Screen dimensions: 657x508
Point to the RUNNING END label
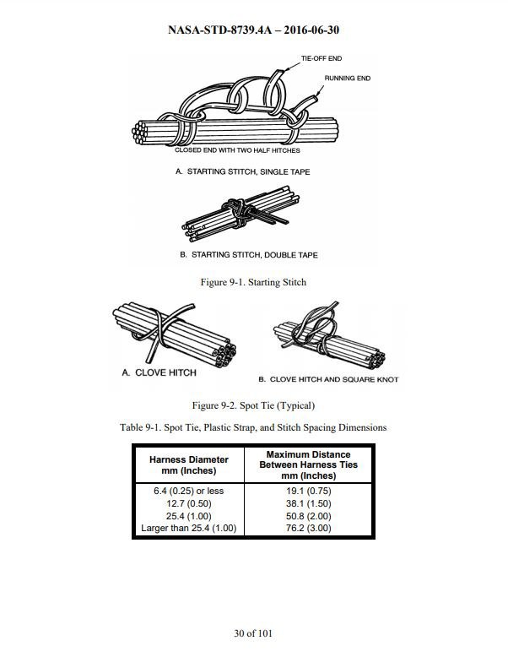(x=348, y=79)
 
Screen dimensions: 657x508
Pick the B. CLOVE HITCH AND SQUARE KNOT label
(x=328, y=379)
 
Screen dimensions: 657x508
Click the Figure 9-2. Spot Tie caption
(x=253, y=405)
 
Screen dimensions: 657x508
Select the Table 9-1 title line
(x=253, y=427)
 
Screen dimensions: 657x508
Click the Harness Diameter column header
(x=189, y=464)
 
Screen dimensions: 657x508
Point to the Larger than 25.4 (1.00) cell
(x=189, y=528)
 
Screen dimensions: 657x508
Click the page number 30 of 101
(x=253, y=633)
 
